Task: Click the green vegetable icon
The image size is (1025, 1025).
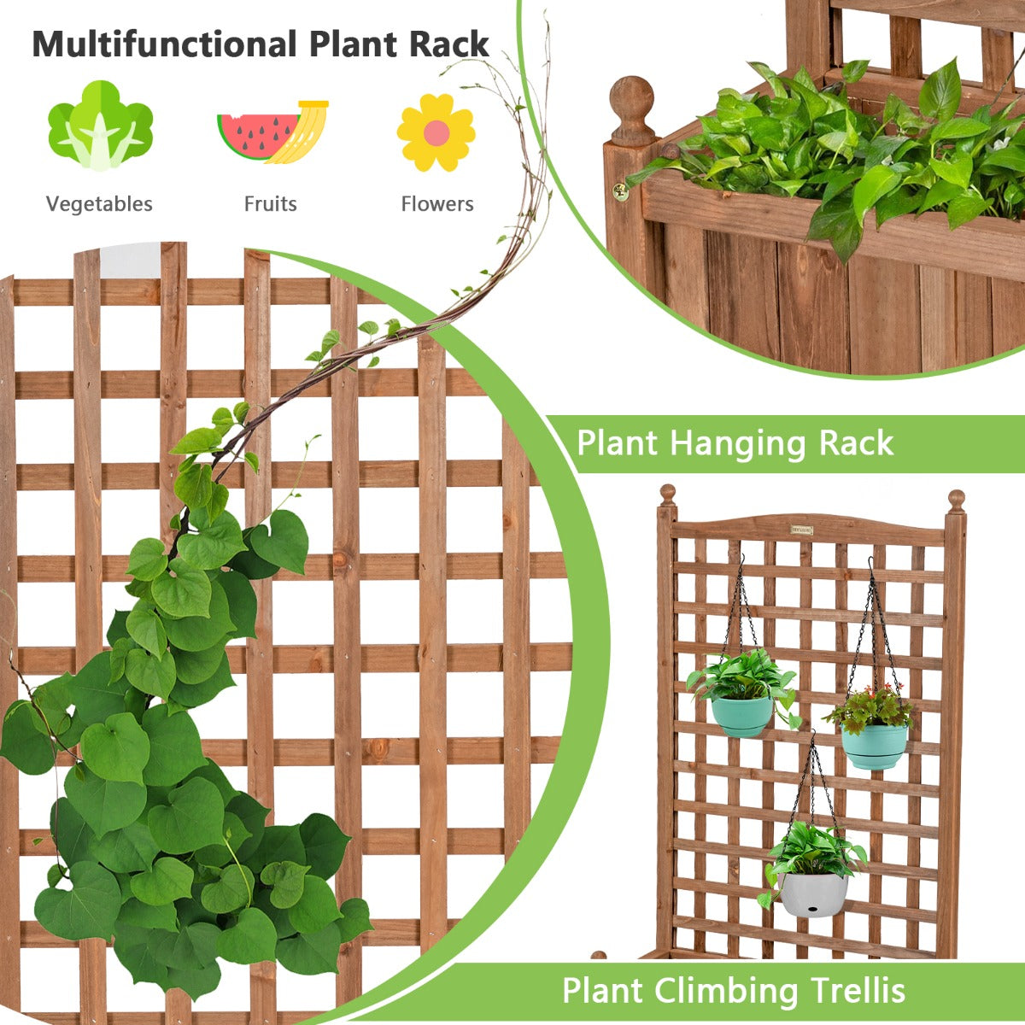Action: (101, 126)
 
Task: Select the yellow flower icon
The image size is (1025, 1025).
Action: (436, 132)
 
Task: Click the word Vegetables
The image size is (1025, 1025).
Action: (99, 204)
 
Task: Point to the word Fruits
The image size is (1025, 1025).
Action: (270, 204)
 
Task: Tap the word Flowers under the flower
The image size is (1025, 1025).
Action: (437, 204)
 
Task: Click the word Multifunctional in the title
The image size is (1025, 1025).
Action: (164, 44)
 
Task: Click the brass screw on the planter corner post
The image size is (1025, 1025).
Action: (620, 191)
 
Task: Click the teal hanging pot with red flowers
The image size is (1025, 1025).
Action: (875, 746)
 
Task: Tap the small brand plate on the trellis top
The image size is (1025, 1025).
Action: (801, 530)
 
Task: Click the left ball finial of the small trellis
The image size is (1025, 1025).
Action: (668, 495)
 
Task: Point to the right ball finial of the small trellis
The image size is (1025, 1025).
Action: (957, 501)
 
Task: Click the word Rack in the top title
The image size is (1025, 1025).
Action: (449, 44)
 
